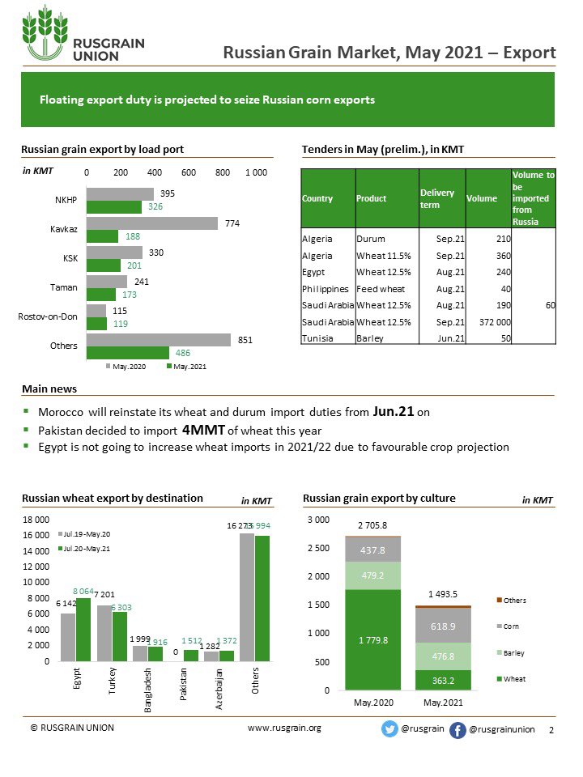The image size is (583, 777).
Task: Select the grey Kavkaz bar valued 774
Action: (x=151, y=223)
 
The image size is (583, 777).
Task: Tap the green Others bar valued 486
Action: (x=127, y=353)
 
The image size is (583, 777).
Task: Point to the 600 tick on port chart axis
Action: (x=189, y=172)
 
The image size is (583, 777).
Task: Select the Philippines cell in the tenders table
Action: (x=326, y=288)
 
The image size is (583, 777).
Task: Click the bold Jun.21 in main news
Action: (x=394, y=411)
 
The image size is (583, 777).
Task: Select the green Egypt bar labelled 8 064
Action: (x=83, y=630)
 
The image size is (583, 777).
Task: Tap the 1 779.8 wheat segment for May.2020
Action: (x=373, y=639)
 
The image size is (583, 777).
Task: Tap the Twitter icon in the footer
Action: (x=389, y=728)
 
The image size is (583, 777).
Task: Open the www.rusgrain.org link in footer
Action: (x=284, y=728)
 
